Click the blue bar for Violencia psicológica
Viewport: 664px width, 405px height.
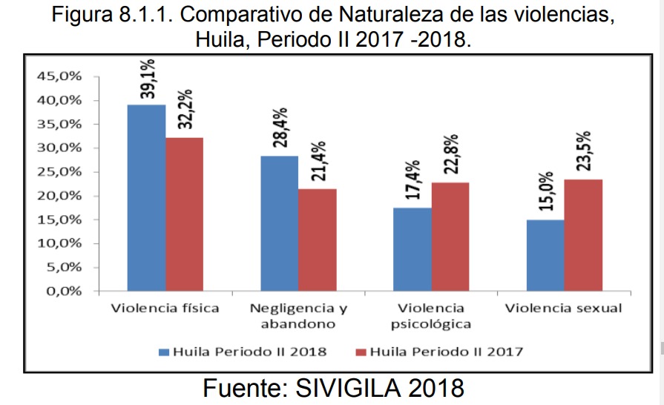412,248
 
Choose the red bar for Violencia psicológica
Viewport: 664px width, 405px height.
450,236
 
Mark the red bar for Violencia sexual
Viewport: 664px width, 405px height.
582,234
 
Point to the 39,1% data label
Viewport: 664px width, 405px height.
148,79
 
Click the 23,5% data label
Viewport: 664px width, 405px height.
584,151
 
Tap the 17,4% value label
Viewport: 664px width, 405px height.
413,180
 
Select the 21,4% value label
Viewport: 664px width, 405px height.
318,162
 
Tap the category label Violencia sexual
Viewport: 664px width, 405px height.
564,308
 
